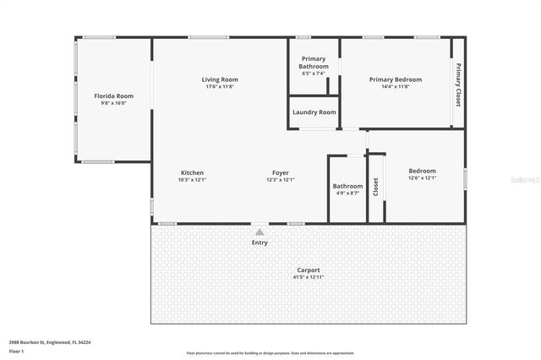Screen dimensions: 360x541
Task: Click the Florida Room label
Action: [113, 96]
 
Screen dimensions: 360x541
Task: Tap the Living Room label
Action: [208, 79]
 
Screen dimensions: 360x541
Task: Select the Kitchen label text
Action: [192, 172]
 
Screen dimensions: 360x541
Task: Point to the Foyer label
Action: [280, 172]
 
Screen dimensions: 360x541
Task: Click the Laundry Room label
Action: [314, 112]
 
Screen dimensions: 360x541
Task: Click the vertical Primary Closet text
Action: [458, 85]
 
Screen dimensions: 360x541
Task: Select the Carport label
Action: [308, 270]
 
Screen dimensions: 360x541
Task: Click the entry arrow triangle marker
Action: [260, 231]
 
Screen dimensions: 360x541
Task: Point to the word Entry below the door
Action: [260, 243]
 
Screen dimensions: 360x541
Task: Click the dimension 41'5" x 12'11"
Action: [308, 277]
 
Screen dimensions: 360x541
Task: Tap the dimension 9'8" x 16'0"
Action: [113, 104]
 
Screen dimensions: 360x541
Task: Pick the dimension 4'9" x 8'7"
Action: [347, 194]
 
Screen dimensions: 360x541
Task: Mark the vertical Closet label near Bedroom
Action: [376, 187]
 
